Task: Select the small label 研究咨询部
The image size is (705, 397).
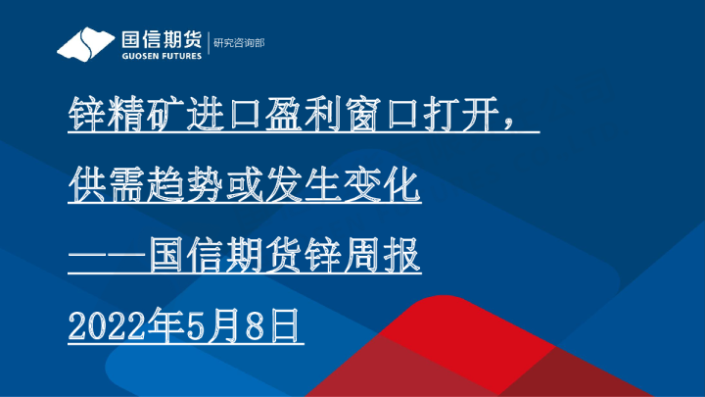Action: (239, 43)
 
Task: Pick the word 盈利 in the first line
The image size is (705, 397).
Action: (298, 115)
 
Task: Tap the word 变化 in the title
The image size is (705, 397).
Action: (386, 184)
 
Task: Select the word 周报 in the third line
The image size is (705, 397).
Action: (386, 255)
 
